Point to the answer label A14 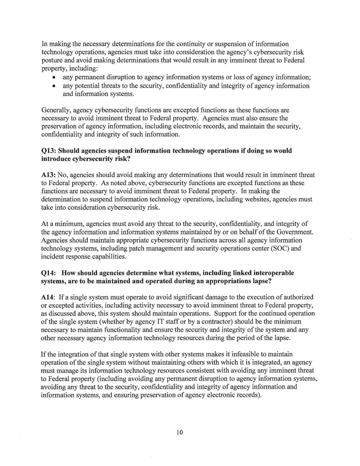tap(48, 297)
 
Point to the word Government tap(298, 231)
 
